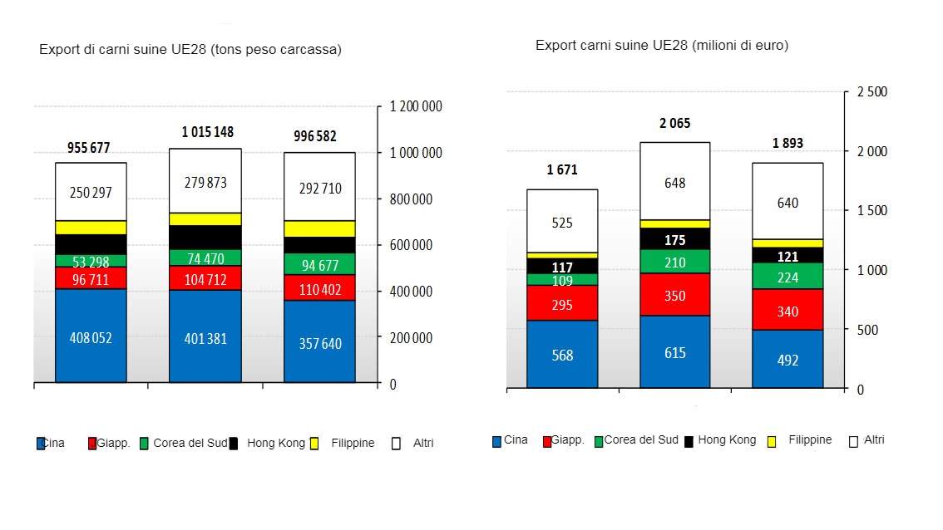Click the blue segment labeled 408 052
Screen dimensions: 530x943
coord(91,336)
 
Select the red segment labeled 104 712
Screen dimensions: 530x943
coord(205,277)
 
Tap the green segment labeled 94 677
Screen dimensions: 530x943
coord(319,264)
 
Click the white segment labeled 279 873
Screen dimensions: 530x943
coord(205,181)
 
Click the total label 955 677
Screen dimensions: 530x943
coord(91,148)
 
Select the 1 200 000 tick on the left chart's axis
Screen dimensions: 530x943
coord(416,107)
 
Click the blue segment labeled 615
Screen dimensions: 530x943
coord(674,352)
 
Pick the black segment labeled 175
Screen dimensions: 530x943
coord(674,239)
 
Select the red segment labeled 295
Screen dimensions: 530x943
coord(562,304)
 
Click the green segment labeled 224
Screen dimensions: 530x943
coord(787,277)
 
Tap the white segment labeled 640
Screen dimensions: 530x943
coord(787,202)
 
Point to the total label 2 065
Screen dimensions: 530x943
coord(674,124)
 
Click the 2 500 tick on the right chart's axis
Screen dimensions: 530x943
coord(873,92)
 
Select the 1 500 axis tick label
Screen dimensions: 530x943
coord(873,211)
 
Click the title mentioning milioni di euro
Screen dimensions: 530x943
coord(662,46)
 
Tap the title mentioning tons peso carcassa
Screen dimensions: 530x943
coord(190,50)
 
